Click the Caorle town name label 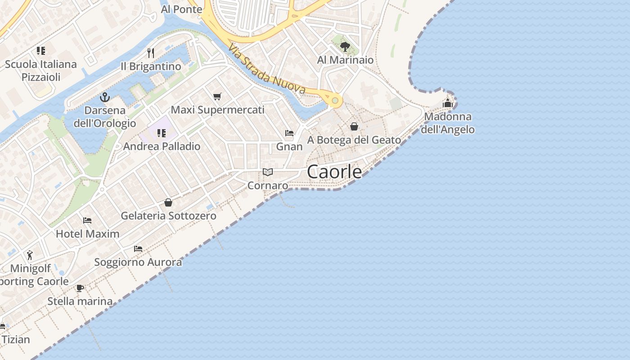(x=334, y=172)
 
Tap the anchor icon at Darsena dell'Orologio (x=105, y=97)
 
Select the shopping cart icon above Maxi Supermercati (x=217, y=96)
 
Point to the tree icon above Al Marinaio (x=345, y=46)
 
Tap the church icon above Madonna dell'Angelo (x=447, y=103)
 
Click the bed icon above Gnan (x=289, y=133)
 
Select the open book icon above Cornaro (x=268, y=172)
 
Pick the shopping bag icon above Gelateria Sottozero (x=168, y=202)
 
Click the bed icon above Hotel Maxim (x=87, y=220)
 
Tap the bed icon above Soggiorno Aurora (x=138, y=248)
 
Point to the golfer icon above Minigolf (x=30, y=255)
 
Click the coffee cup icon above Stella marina (x=80, y=288)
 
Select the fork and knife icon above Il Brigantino (x=151, y=53)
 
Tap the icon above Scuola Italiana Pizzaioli (x=41, y=51)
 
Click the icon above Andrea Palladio (x=161, y=133)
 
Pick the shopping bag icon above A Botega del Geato (x=354, y=126)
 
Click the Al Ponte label (x=181, y=9)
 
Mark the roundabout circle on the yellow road (x=335, y=100)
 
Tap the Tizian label (x=16, y=339)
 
